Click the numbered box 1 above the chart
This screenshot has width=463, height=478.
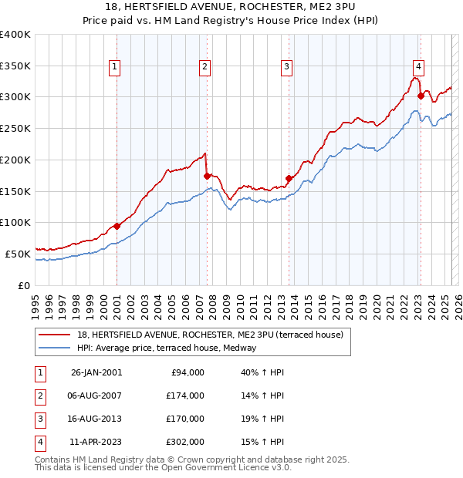pyautogui.click(x=113, y=67)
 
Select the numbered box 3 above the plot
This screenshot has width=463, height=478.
pyautogui.click(x=286, y=67)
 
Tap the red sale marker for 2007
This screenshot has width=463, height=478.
pyautogui.click(x=207, y=176)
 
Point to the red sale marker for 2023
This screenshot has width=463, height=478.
pyautogui.click(x=421, y=96)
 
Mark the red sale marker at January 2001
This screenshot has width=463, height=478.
pyautogui.click(x=117, y=226)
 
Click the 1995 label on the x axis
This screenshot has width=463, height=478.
pyautogui.click(x=35, y=301)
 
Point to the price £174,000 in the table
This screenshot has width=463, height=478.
pyautogui.click(x=185, y=396)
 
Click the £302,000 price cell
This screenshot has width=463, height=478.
pyautogui.click(x=185, y=442)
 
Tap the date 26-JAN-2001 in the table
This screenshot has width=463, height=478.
pyautogui.click(x=96, y=372)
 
